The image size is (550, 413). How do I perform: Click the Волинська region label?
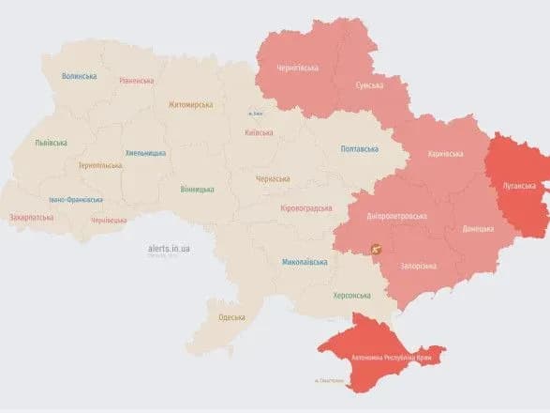point(79,76)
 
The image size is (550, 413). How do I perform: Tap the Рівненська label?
point(137,81)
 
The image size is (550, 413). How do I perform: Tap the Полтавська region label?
point(359,148)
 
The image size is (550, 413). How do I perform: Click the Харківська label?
point(444,154)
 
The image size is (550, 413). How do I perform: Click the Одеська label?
point(230,317)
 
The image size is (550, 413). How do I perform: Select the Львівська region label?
point(51,142)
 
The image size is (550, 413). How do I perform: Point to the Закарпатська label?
point(33,217)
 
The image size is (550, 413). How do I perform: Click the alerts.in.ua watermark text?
point(169,248)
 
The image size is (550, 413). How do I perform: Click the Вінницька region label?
point(197,189)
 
